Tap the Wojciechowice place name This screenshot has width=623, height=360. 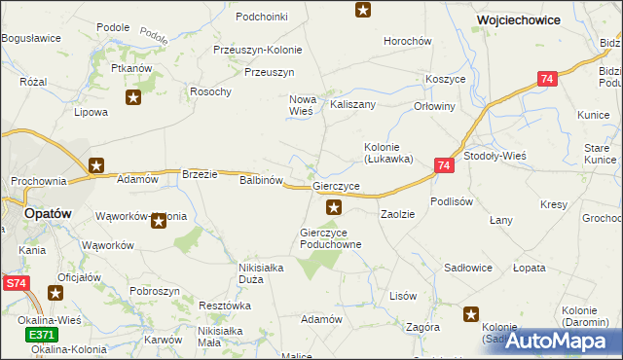[x=516, y=18]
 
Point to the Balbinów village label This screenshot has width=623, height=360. [x=261, y=180]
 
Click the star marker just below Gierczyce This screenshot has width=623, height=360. [x=334, y=206]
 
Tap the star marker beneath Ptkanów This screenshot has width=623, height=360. [x=133, y=96]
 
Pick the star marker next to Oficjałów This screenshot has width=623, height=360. [x=58, y=291]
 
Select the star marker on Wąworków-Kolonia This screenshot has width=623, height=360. [x=159, y=221]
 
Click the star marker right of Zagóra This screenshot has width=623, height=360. [x=472, y=313]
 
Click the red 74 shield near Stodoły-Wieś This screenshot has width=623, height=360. [x=443, y=166]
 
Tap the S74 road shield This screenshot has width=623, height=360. [x=15, y=283]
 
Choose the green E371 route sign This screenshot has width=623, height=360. [x=41, y=335]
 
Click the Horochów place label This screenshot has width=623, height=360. [x=408, y=41]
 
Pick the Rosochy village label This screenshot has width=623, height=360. [x=211, y=91]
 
